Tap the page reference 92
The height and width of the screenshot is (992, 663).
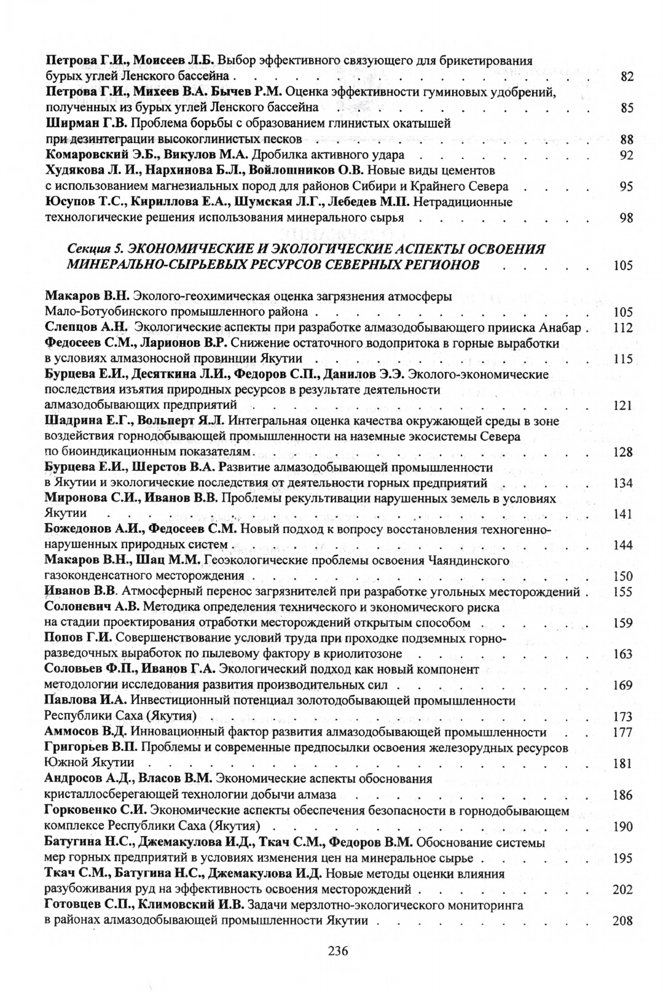(x=627, y=155)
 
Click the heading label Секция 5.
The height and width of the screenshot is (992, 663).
(x=94, y=249)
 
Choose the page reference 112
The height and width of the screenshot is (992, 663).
(x=624, y=328)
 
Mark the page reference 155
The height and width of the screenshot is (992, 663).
(x=624, y=592)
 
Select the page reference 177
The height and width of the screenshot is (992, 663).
(x=624, y=732)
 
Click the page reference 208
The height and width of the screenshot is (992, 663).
(x=624, y=921)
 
